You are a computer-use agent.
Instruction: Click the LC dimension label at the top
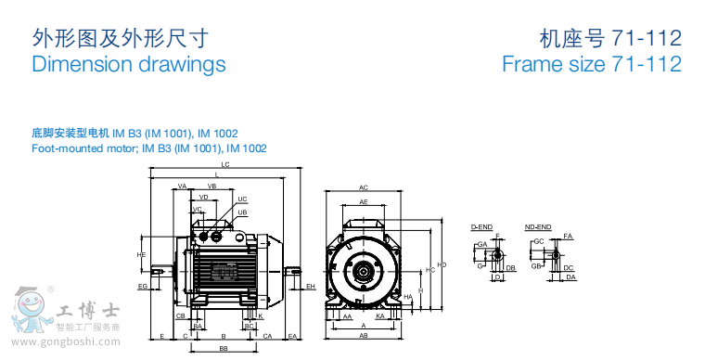(x=225, y=164)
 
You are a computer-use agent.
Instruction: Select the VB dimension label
(x=211, y=186)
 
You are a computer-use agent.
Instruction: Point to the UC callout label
(x=242, y=199)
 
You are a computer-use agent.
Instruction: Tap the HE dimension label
(x=141, y=254)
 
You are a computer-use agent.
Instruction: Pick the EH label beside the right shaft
(x=311, y=287)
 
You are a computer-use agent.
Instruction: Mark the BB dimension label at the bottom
(x=224, y=349)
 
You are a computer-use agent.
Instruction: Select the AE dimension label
(x=364, y=201)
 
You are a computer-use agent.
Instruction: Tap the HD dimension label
(x=442, y=265)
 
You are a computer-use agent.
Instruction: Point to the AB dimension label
(x=364, y=335)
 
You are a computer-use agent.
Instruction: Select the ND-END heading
(x=537, y=226)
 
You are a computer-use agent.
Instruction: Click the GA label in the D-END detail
(x=482, y=244)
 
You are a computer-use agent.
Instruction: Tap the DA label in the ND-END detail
(x=571, y=277)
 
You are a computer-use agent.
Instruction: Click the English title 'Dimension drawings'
(x=129, y=64)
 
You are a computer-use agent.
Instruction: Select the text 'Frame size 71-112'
(x=591, y=64)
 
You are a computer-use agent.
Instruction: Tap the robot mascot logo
(x=28, y=310)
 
